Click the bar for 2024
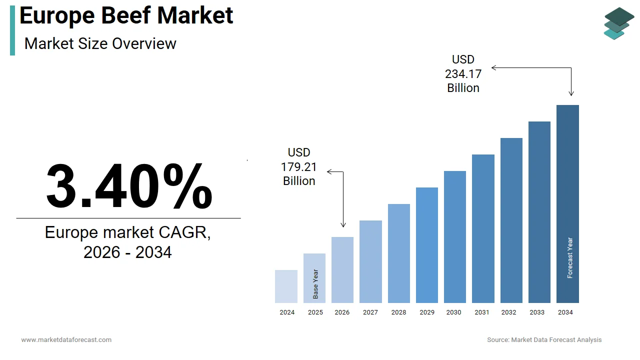(286, 286)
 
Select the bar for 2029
(426, 245)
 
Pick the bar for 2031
(483, 228)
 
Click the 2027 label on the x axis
(370, 312)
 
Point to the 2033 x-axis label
(537, 312)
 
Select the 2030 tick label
(454, 312)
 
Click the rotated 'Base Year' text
(315, 284)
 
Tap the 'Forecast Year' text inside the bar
(570, 257)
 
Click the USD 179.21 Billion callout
(299, 167)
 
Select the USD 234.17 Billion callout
(463, 74)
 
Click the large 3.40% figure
(129, 186)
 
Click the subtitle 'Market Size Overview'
(100, 43)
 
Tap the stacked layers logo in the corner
(618, 23)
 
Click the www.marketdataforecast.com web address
(66, 340)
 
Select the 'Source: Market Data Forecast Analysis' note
(544, 340)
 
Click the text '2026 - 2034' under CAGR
(127, 252)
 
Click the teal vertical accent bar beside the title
(12, 30)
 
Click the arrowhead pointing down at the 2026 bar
(343, 225)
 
